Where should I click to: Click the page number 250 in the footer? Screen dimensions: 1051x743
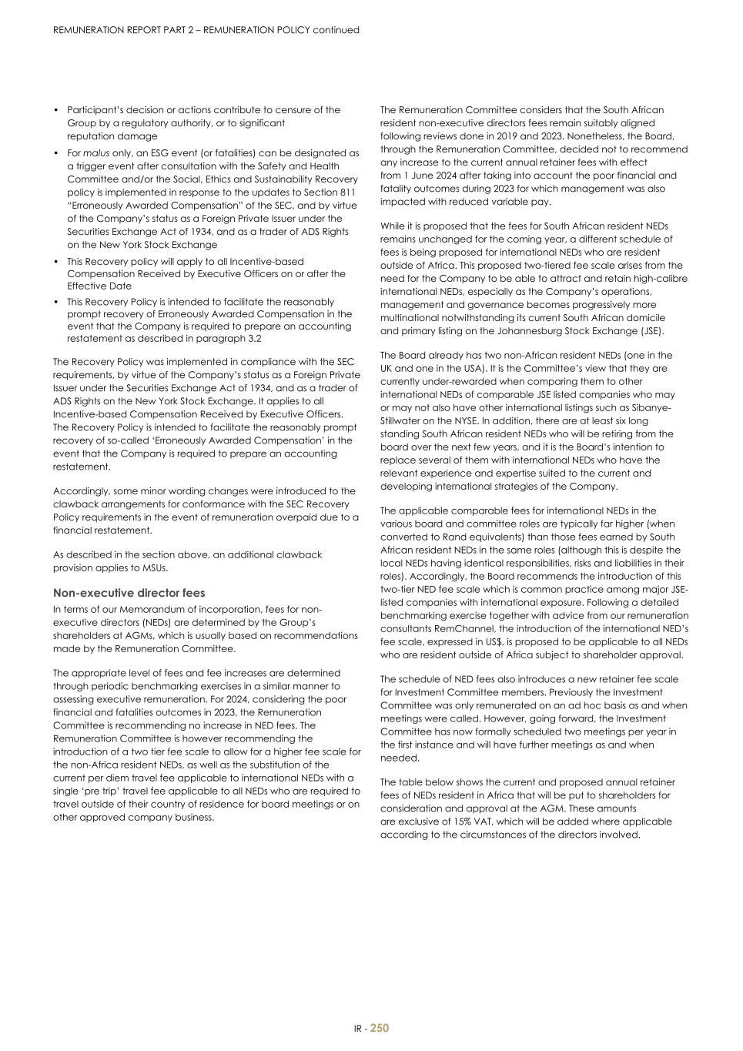point(380,1028)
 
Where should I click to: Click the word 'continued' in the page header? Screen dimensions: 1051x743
point(336,30)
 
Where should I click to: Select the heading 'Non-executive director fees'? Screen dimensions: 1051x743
point(129,593)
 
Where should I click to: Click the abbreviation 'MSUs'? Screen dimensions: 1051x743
point(151,568)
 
